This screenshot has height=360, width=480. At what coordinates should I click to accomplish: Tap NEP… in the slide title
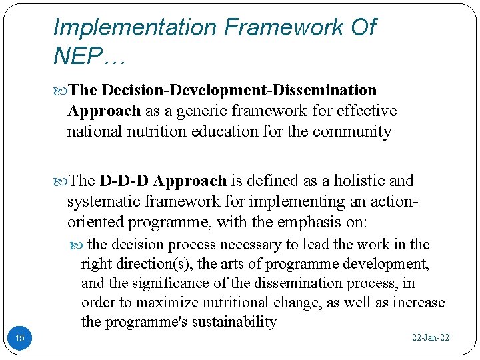tap(88, 56)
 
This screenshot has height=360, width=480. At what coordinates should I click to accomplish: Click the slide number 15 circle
tap(20, 339)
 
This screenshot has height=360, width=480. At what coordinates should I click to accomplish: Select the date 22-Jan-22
tap(431, 338)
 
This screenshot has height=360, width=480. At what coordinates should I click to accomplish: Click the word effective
tap(367, 111)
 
